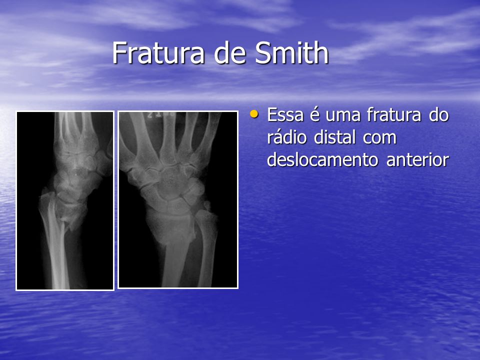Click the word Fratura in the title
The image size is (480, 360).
158,52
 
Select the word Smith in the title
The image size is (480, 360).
291,52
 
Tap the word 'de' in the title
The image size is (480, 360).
229,52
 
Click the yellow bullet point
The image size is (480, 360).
254,114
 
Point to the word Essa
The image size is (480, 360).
285,115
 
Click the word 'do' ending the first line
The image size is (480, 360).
438,115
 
